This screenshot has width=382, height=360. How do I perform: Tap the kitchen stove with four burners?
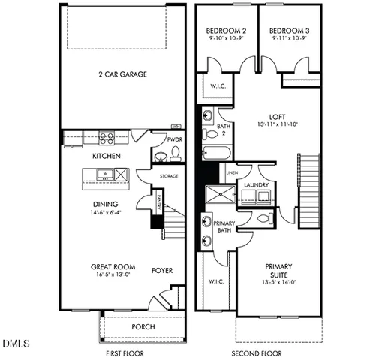107,138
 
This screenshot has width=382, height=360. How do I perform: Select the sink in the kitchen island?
105,175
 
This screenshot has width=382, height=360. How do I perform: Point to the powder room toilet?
175,154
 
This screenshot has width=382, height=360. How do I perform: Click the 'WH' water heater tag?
177,127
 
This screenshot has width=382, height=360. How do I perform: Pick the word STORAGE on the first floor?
169,177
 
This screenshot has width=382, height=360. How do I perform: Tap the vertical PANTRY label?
158,202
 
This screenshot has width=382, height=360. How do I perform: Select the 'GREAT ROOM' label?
113,266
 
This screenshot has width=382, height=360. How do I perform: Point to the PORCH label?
143,326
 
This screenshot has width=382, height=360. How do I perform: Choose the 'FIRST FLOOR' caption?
122,351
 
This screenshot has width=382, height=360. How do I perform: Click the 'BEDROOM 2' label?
227,31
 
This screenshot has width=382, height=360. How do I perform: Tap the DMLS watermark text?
16,343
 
